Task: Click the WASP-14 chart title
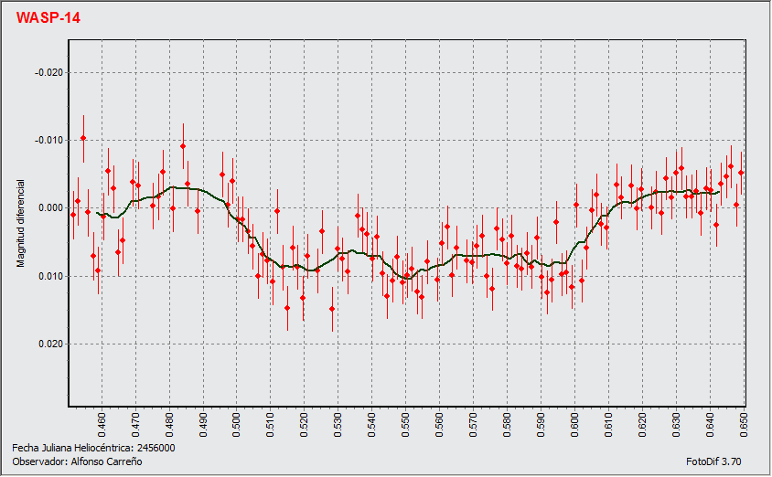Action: tap(48, 17)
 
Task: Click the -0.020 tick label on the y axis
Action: tap(48, 72)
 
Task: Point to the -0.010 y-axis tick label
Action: tap(48, 140)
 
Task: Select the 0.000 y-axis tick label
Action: tap(49, 208)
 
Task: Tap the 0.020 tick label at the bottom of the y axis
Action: tap(49, 344)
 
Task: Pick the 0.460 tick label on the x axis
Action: tap(102, 424)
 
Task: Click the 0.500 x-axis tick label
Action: tap(237, 424)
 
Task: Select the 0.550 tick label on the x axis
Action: tap(406, 424)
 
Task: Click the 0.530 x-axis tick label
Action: tap(338, 424)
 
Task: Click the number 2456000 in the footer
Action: tap(155, 449)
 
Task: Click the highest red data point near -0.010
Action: tap(83, 137)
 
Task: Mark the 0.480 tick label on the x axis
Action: tap(169, 424)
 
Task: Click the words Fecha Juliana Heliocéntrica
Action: tap(72, 449)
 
